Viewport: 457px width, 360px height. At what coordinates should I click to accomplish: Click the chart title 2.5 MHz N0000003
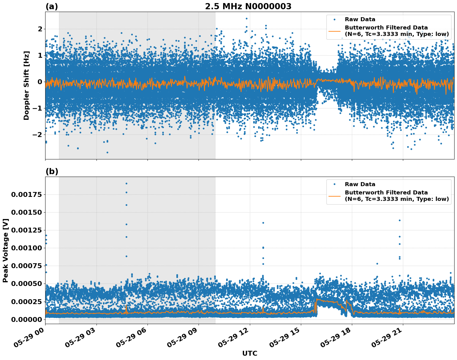(x=248, y=6)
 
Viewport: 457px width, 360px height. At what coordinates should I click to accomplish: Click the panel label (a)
(x=52, y=6)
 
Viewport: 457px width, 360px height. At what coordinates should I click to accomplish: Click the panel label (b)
(x=52, y=171)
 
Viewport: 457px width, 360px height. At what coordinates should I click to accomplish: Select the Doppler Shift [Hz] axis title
(x=26, y=85)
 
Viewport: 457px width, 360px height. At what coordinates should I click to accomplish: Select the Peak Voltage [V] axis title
(x=5, y=250)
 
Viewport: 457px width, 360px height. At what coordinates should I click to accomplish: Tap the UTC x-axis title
(x=250, y=353)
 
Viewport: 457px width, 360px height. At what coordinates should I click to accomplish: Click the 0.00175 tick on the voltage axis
(x=26, y=194)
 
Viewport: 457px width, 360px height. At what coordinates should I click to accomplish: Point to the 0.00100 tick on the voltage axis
(x=26, y=248)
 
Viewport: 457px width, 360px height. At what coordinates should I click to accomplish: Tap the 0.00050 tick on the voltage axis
(x=26, y=284)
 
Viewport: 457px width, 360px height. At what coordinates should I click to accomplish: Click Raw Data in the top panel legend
(x=360, y=19)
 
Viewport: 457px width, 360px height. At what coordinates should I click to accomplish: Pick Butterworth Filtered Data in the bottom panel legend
(x=386, y=193)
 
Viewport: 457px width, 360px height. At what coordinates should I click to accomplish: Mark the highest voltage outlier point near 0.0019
(x=126, y=183)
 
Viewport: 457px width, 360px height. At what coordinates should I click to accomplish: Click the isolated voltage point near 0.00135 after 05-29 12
(x=263, y=223)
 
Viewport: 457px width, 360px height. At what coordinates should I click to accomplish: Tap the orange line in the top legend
(x=334, y=31)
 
